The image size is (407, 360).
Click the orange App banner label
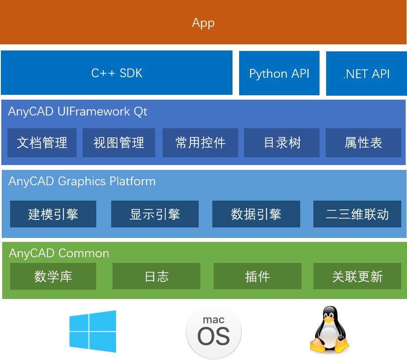(x=203, y=23)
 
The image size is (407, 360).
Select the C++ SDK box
(x=116, y=73)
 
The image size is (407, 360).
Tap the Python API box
(x=279, y=73)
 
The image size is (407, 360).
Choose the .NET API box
(x=366, y=74)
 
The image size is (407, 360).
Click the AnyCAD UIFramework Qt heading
(x=77, y=112)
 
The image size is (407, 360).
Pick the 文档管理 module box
(x=42, y=143)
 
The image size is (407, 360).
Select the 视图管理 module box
(x=119, y=143)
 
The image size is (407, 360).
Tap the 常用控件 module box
(x=200, y=143)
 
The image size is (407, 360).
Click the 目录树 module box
(x=282, y=143)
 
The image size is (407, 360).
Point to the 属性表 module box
(x=363, y=143)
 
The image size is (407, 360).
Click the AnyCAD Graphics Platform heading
(x=82, y=181)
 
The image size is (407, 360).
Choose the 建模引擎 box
(x=53, y=214)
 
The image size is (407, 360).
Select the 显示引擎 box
(x=155, y=214)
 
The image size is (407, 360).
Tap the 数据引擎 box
(x=256, y=214)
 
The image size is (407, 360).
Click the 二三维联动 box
(x=357, y=214)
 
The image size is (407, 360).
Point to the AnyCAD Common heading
(x=59, y=253)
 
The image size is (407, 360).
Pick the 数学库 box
(x=53, y=277)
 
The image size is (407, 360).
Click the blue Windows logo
(x=93, y=331)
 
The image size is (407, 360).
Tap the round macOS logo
(x=214, y=331)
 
